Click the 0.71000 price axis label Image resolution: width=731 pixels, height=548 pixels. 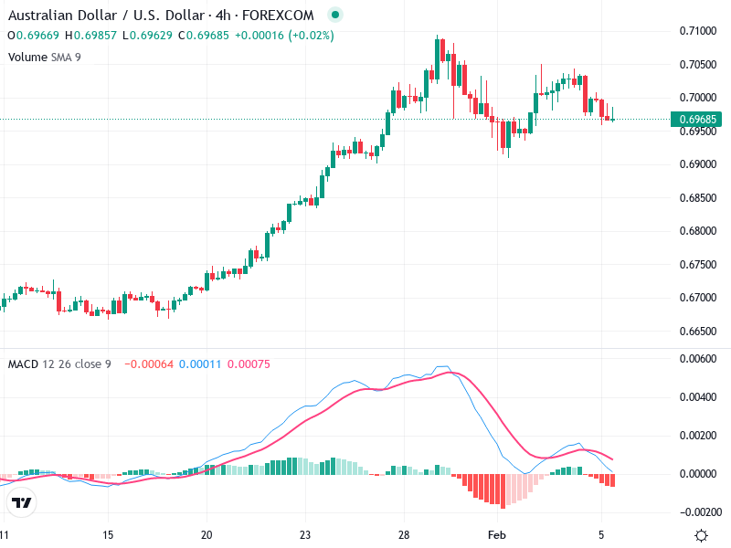(x=697, y=31)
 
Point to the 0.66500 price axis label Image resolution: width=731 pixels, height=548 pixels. (x=697, y=331)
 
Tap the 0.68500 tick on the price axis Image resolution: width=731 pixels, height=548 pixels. (x=697, y=198)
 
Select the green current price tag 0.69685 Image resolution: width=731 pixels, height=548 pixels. (x=697, y=119)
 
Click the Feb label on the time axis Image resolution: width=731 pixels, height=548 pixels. (x=496, y=534)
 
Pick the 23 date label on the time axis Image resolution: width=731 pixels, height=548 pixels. (x=305, y=534)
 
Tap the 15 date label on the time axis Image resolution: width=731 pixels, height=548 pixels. (x=108, y=534)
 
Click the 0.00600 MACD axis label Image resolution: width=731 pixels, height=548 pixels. (x=697, y=359)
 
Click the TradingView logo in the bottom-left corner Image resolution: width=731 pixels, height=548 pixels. (x=22, y=503)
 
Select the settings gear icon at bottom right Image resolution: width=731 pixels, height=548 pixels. (x=701, y=535)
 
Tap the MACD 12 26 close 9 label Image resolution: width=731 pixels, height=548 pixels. (x=59, y=364)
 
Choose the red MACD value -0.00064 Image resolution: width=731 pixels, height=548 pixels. (x=147, y=364)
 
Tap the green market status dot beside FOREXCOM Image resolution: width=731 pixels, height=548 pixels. (x=334, y=16)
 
